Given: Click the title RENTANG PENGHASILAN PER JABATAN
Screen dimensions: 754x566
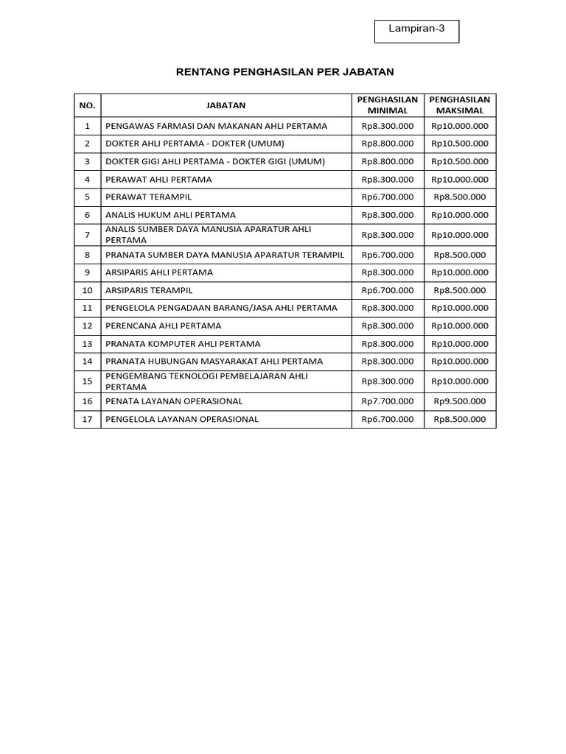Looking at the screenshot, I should pos(285,72).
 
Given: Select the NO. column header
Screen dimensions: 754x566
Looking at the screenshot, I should pos(87,105).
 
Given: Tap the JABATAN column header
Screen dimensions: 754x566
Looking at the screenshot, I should pos(226,105).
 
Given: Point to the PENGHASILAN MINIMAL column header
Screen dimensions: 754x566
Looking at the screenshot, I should pos(388,105).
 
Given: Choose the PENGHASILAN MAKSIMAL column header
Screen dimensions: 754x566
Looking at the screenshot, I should pos(460,105).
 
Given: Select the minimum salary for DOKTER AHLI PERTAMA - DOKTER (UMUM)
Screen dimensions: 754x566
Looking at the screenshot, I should pos(388,144).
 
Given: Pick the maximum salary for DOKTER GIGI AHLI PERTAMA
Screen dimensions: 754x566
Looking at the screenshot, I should pos(460,161).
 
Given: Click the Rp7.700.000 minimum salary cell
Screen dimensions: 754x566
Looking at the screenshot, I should pos(388,401).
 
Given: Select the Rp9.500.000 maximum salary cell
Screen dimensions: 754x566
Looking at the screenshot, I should pos(460,401).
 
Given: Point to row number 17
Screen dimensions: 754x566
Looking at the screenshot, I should pos(87,419).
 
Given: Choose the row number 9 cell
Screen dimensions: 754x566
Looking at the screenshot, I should pos(87,272).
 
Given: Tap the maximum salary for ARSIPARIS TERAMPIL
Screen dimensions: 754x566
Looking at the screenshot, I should pos(460,290).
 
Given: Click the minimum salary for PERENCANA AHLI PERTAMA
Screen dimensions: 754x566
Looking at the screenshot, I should pos(388,325).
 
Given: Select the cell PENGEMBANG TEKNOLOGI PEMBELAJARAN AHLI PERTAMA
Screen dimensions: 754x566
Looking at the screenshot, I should pos(207,381).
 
